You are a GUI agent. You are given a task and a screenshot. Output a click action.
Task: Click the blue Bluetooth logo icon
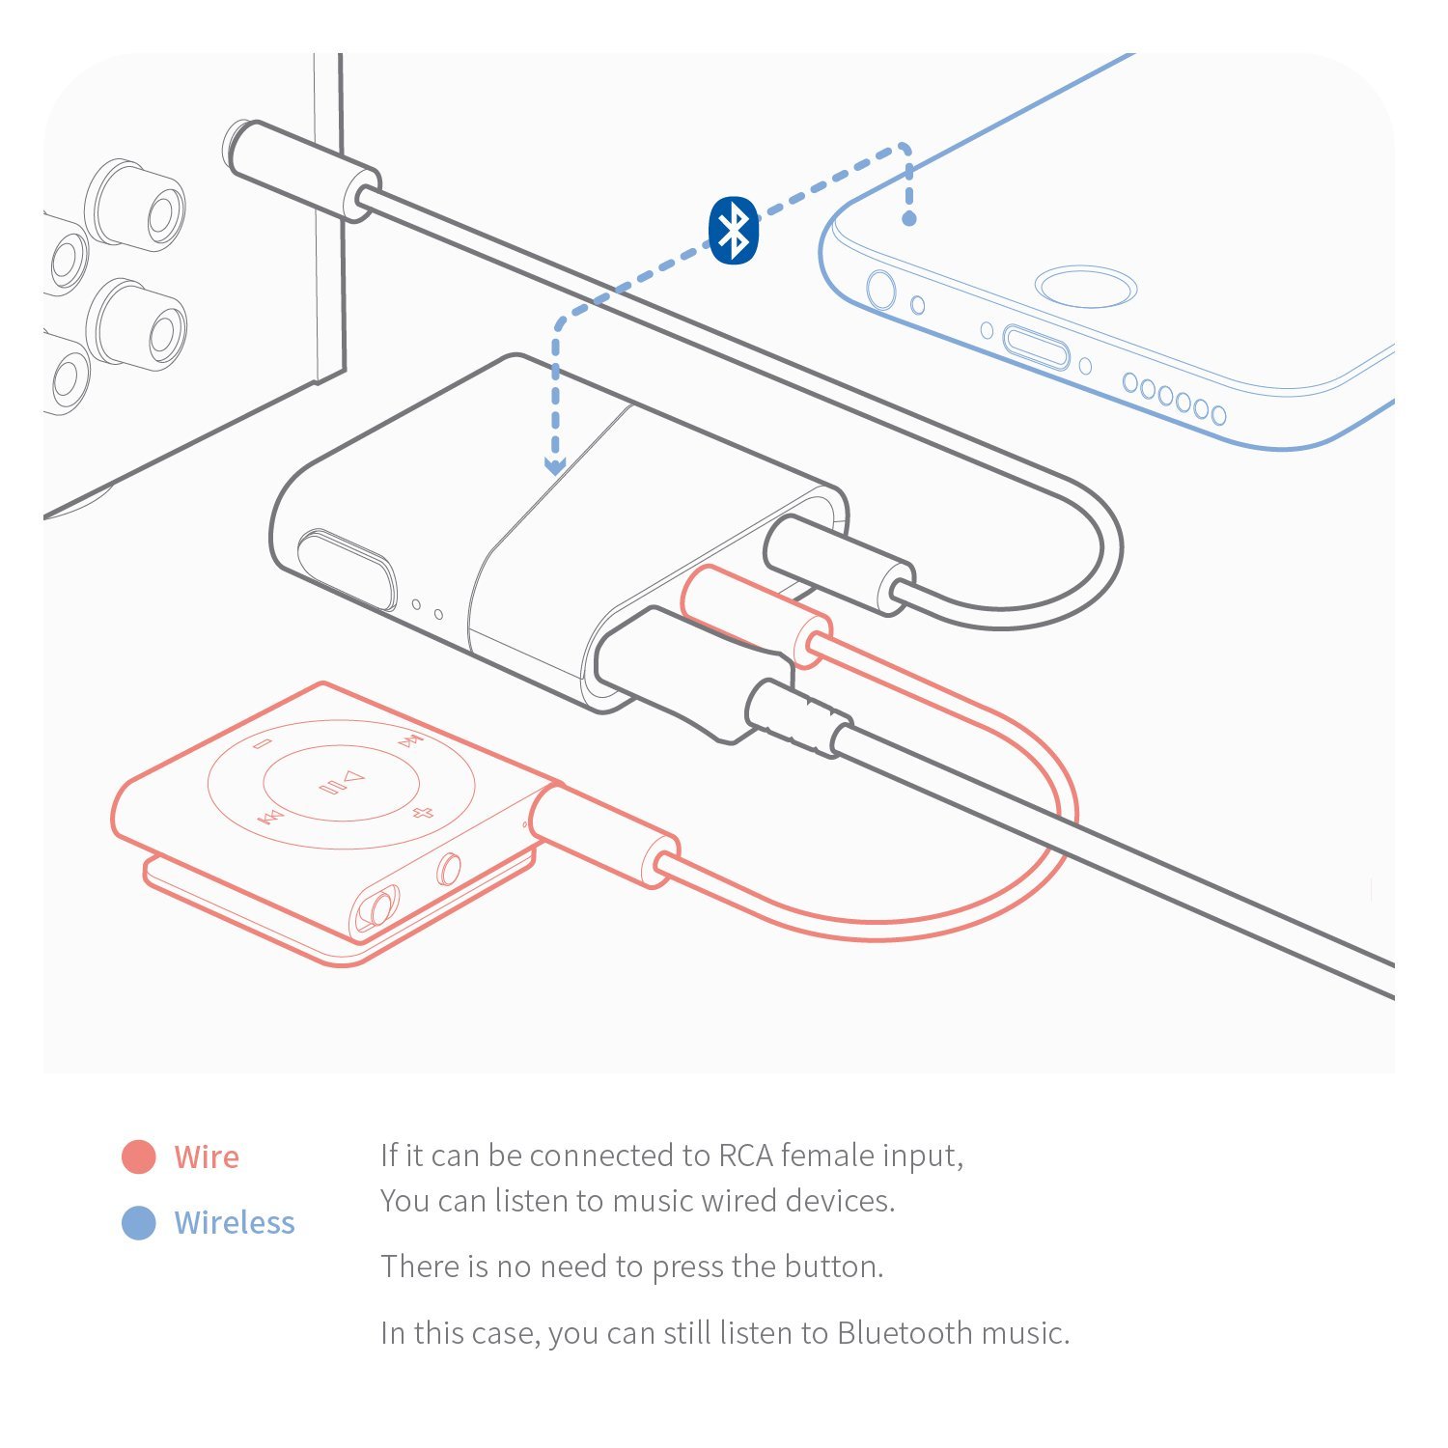coord(734,230)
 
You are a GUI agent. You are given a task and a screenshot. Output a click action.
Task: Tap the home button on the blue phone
coord(1086,287)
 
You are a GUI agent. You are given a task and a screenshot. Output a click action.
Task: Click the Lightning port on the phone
coord(1036,347)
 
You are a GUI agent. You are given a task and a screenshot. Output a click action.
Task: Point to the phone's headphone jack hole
coord(880,289)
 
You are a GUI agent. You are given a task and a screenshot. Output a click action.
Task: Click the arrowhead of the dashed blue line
coord(555,466)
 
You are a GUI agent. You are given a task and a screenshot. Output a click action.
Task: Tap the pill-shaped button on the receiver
coord(347,570)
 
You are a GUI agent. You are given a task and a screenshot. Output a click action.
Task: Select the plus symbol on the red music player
coord(422,812)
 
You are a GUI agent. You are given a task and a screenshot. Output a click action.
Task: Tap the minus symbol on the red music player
coord(263,743)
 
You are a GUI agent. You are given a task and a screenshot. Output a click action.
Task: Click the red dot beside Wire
coord(139,1156)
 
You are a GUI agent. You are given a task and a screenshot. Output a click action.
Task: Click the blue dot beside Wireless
coord(139,1222)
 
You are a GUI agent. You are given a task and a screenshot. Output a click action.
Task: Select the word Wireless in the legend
coord(235,1222)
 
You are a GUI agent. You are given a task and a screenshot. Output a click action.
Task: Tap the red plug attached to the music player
coord(603,835)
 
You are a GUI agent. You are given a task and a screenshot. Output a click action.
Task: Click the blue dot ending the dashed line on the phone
coord(908,219)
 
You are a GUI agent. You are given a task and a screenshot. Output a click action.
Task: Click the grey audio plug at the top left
coord(301,170)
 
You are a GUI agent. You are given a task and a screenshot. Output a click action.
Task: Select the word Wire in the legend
coord(207,1156)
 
